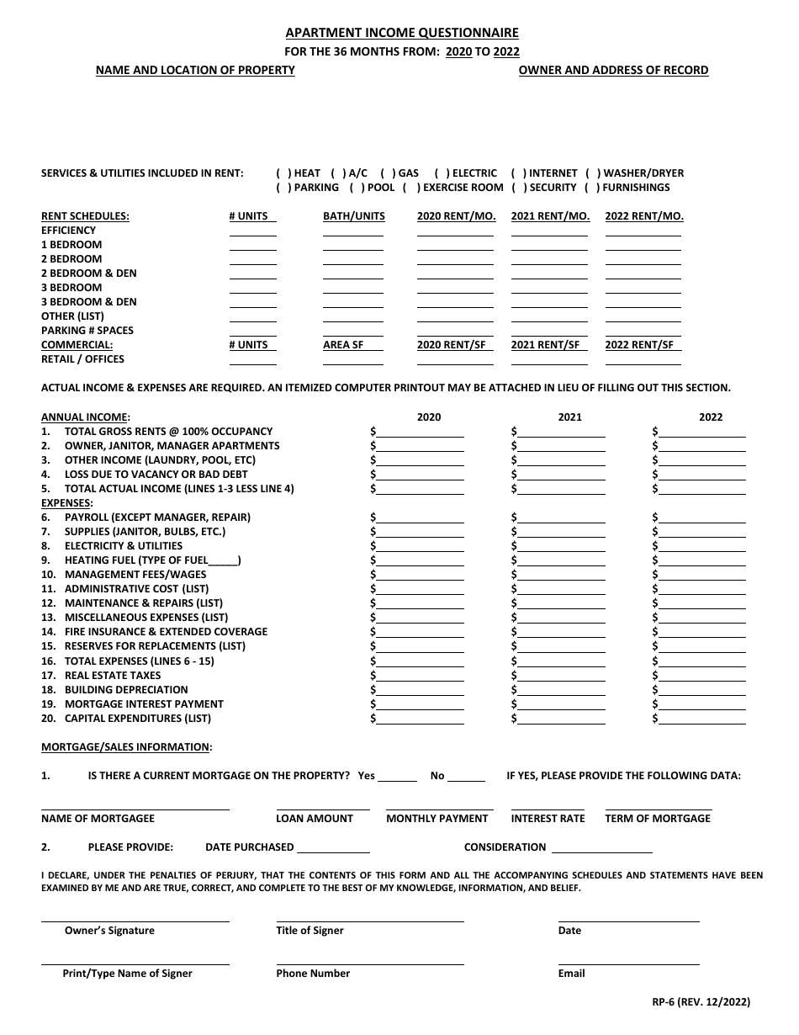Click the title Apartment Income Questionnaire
(401, 33)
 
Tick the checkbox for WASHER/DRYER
(593, 173)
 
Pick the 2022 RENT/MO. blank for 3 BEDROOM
(643, 289)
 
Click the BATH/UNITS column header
(353, 216)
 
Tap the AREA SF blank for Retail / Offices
(353, 361)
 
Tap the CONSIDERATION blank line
(601, 849)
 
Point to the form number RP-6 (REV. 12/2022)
(696, 1002)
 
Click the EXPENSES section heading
(67, 503)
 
